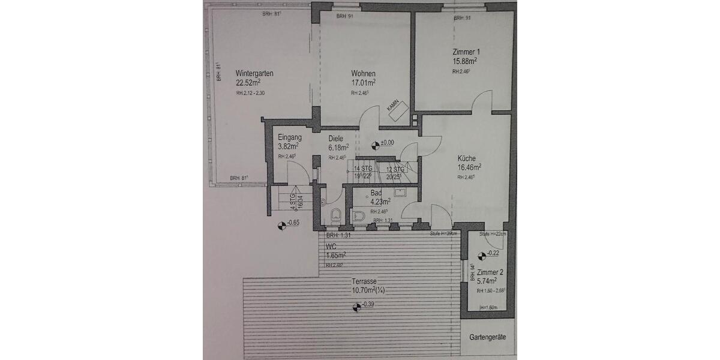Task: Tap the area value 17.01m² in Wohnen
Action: click(x=364, y=83)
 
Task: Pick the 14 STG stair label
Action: click(x=364, y=169)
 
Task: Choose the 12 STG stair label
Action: click(x=395, y=169)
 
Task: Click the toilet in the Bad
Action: click(x=358, y=217)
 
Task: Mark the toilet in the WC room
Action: click(x=335, y=213)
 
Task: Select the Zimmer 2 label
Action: click(x=491, y=272)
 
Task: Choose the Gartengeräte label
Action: click(x=487, y=337)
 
